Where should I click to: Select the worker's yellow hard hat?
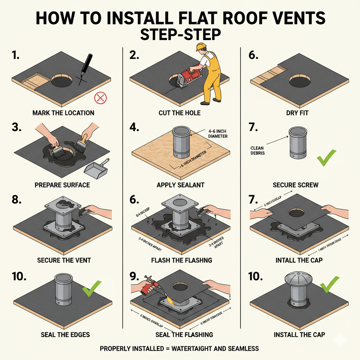tap(201, 47)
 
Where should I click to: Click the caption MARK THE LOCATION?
tap(63, 113)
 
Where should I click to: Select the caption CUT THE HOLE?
tap(179, 113)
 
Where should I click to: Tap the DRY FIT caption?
tap(298, 113)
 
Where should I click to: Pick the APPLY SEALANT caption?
tap(181, 185)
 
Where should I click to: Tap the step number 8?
tap(18, 200)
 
